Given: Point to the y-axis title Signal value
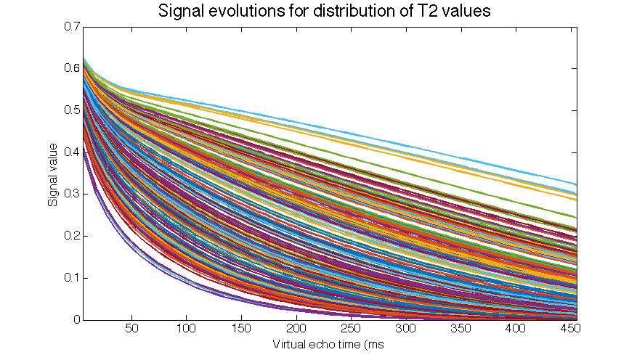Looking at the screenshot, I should [x=54, y=173].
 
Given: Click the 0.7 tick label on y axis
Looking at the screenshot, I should [x=70, y=27].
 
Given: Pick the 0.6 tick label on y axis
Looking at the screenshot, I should [x=70, y=68].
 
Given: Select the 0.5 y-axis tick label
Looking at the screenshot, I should [x=70, y=110].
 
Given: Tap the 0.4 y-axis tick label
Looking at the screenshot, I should [x=70, y=152].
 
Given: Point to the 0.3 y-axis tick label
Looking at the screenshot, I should [x=70, y=195].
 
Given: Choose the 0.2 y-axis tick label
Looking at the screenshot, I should [x=70, y=236].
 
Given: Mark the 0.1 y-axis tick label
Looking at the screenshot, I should [x=70, y=278].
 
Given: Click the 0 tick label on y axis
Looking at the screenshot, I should [x=76, y=320].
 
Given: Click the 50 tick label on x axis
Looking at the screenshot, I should [x=131, y=330].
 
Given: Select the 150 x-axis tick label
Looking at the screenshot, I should [x=241, y=330].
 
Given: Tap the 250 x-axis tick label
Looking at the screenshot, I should [x=351, y=330].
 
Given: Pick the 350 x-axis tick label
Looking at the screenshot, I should [x=460, y=330].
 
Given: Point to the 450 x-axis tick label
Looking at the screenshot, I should [x=569, y=330].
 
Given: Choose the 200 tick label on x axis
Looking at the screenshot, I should [x=296, y=330].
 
